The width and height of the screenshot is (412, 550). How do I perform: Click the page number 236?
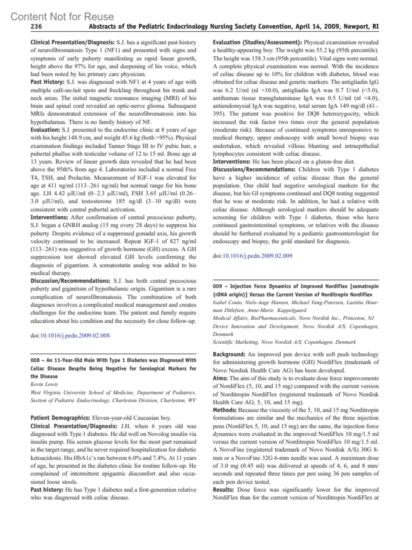click(x=36, y=27)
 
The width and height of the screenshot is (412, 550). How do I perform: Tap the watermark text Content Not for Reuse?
click(x=62, y=16)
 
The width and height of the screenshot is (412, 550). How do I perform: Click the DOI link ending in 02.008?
click(x=75, y=335)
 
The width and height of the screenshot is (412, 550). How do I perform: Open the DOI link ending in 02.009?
click(x=257, y=256)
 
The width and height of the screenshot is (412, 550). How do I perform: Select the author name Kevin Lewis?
click(x=44, y=384)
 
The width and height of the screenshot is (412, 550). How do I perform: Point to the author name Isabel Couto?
click(x=228, y=302)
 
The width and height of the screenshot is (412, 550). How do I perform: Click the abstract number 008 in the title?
click(x=35, y=360)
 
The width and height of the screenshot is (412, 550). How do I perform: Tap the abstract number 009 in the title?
click(x=217, y=286)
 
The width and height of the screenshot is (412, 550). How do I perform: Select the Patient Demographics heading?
click(x=60, y=418)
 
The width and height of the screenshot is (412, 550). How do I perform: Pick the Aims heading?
click(x=220, y=378)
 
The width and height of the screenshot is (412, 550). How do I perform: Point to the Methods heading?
click(x=225, y=410)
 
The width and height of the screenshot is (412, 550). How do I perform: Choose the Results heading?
click(x=223, y=490)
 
